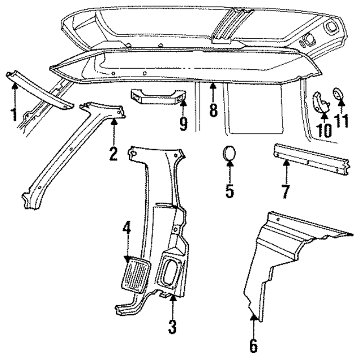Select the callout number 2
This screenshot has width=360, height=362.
tap(113, 152)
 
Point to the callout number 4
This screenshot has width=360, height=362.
tap(128, 228)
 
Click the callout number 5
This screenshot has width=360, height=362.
tap(229, 190)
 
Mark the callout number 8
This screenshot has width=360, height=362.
tap(213, 109)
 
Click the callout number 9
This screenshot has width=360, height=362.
tap(183, 123)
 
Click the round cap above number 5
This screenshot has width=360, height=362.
tap(229, 154)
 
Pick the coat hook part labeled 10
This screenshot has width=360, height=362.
tap(322, 101)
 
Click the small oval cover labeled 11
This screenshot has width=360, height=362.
tap(340, 94)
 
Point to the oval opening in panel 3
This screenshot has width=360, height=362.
tap(170, 274)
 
